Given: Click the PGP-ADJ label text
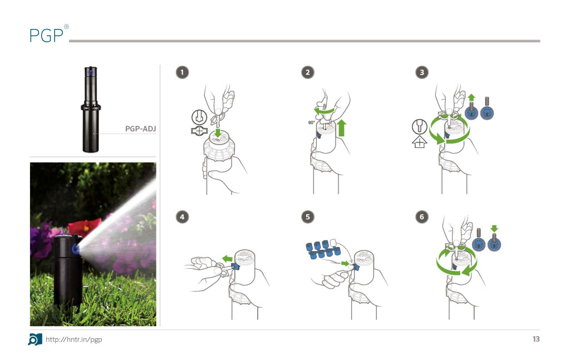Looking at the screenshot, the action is pyautogui.click(x=140, y=129).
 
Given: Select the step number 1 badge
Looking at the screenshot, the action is pyautogui.click(x=182, y=72).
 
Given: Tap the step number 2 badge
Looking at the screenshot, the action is pyautogui.click(x=307, y=72).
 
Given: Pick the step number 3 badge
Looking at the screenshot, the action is pyautogui.click(x=422, y=72).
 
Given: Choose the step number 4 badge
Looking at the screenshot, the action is pyautogui.click(x=182, y=217).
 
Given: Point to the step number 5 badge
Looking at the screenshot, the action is pyautogui.click(x=307, y=217).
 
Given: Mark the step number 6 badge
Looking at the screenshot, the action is pyautogui.click(x=422, y=217).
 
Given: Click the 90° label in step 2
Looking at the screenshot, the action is pyautogui.click(x=312, y=123).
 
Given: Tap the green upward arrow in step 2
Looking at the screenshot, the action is pyautogui.click(x=341, y=128).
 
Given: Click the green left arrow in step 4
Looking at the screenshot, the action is pyautogui.click(x=227, y=259).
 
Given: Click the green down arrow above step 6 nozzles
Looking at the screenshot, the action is pyautogui.click(x=494, y=229).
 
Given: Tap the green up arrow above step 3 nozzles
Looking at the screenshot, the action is pyautogui.click(x=471, y=97).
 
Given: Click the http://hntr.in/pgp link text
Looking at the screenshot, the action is pyautogui.click(x=74, y=339).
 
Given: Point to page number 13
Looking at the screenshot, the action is pyautogui.click(x=536, y=339).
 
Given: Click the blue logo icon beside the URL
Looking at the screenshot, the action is pyautogui.click(x=35, y=339).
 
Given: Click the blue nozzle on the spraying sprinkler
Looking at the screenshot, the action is pyautogui.click(x=76, y=249).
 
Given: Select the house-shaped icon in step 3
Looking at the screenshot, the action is pyautogui.click(x=420, y=142).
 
